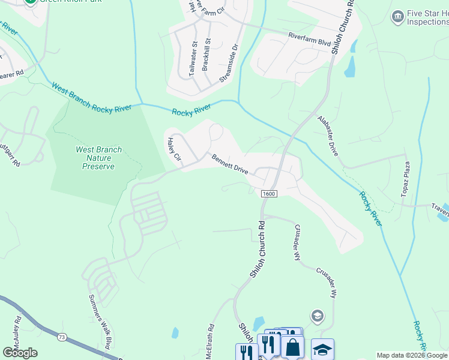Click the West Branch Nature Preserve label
(x=98, y=158)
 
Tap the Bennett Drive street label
(x=229, y=163)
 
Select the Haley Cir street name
(x=174, y=150)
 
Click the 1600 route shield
(x=269, y=193)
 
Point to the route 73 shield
(x=62, y=338)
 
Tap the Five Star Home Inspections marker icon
(x=397, y=16)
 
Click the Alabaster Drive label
(x=328, y=136)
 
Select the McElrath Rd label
(x=210, y=341)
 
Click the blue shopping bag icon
(x=292, y=347)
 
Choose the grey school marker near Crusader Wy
(x=316, y=316)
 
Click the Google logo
(x=20, y=353)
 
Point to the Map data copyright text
(x=412, y=356)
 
